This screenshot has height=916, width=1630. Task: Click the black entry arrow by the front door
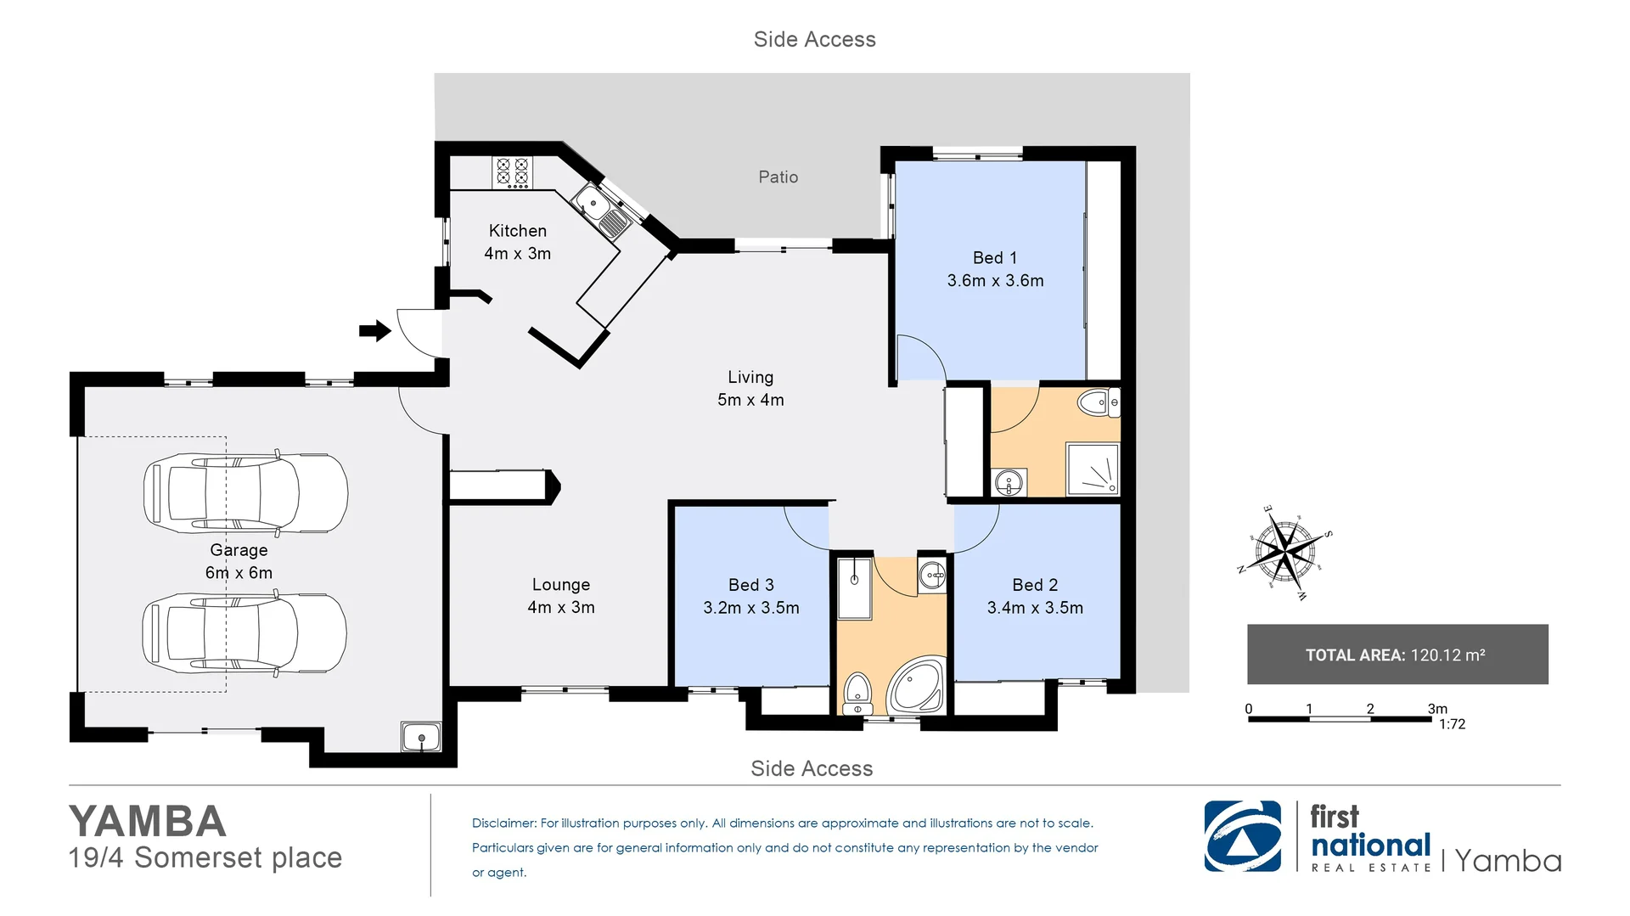coord(374,330)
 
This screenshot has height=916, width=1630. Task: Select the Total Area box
coord(1397,655)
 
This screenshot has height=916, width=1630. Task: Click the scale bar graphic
coord(1340,719)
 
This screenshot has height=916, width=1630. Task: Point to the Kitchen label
coord(518,231)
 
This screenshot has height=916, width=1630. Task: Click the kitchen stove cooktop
coord(512,172)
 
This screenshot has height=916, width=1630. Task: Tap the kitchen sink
coord(601,211)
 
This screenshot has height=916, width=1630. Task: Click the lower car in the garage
coord(244,633)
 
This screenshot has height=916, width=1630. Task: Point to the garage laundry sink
coord(421,736)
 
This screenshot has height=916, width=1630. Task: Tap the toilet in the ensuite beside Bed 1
coord(1099,402)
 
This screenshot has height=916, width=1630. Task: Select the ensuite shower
coord(1093,469)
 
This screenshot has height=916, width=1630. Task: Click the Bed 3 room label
coord(751,585)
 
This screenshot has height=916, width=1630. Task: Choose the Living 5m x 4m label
coord(750,388)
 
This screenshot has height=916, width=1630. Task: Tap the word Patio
coord(778,177)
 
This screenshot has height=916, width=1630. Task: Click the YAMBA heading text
coord(148,821)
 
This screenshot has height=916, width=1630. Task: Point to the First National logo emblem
coord(1243,836)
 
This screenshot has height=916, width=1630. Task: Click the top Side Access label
coord(815,39)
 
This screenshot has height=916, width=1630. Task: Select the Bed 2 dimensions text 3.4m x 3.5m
coord(1035,608)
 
